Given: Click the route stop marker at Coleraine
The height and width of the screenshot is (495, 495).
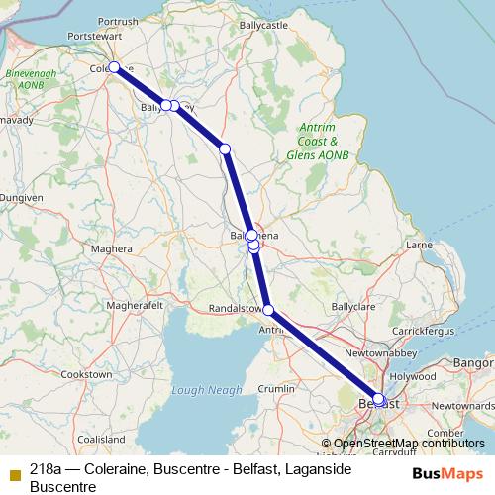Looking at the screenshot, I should tap(114, 67).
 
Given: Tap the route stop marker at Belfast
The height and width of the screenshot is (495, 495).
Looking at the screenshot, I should tap(378, 399).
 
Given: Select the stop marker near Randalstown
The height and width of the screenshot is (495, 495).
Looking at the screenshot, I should tap(268, 310).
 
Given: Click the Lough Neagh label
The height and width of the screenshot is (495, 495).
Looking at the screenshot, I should tap(206, 390).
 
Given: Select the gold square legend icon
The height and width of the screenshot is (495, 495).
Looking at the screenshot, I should tap(13, 473).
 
